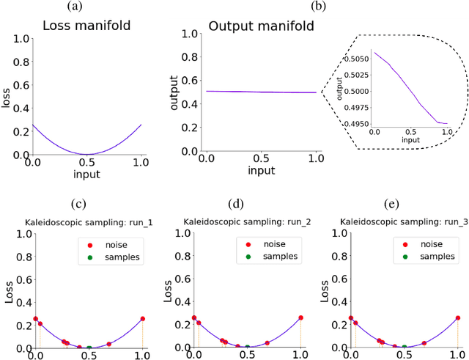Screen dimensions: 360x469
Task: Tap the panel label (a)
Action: coord(75,6)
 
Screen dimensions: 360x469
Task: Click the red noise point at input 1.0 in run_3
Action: coord(458,318)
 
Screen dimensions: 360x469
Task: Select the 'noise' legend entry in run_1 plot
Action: coord(108,243)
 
